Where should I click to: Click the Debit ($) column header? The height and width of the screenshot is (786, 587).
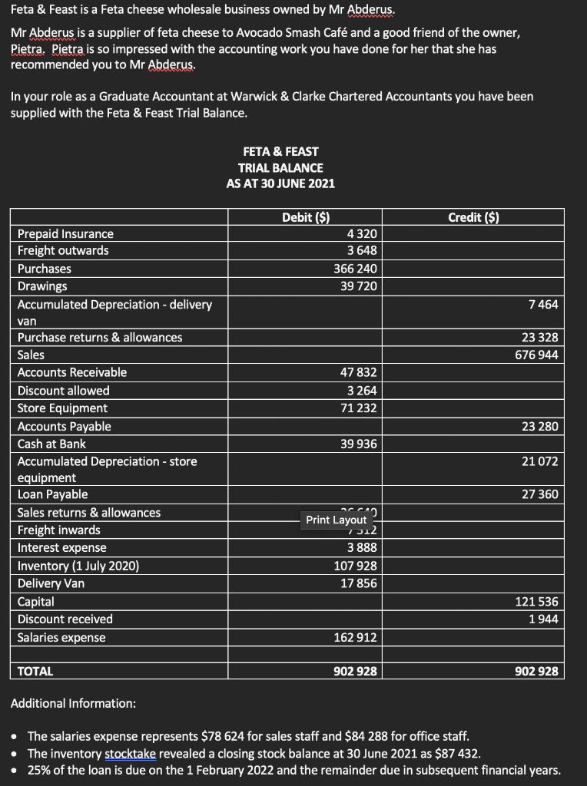click(306, 217)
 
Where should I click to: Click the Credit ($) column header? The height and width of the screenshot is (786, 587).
click(473, 217)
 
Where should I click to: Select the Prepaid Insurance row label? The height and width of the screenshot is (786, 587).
click(65, 233)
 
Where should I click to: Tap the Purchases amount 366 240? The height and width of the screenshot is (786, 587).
click(355, 269)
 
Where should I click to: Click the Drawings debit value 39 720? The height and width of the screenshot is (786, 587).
click(358, 286)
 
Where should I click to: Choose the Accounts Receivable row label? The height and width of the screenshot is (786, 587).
click(72, 372)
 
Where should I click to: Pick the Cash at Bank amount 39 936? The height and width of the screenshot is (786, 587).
click(358, 444)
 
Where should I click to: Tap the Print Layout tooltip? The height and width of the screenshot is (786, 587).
click(336, 520)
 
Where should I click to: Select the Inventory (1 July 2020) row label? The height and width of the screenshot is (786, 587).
click(78, 566)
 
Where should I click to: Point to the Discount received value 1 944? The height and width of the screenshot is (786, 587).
click(543, 619)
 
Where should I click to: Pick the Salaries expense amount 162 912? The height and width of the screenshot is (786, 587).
click(355, 637)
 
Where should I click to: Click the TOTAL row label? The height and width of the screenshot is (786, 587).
click(35, 671)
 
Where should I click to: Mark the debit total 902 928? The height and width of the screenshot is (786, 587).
click(355, 671)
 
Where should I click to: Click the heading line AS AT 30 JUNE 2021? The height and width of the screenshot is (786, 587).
click(280, 183)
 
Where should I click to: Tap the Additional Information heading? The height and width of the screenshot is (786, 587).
click(74, 703)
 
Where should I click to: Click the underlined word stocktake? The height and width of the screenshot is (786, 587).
click(129, 753)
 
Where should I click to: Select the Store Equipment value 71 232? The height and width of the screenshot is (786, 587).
click(358, 408)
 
